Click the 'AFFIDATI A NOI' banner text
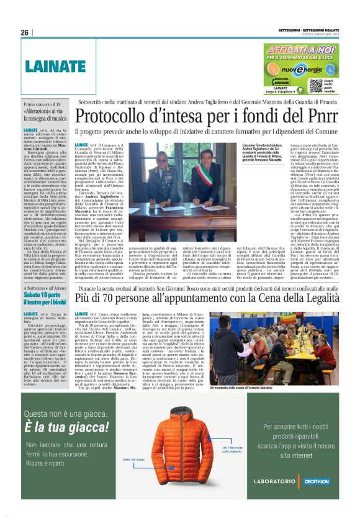tap(300, 48)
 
